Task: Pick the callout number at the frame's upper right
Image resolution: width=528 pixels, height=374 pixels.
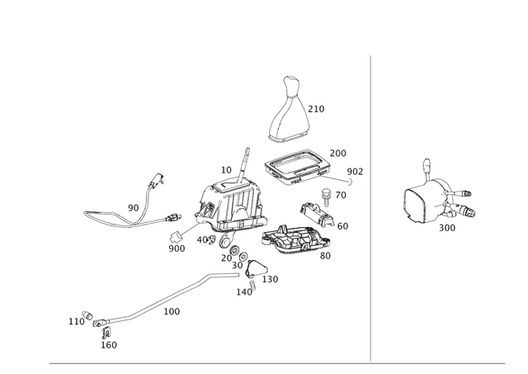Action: (x=337, y=152)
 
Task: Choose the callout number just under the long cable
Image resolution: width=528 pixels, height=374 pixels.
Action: (x=172, y=311)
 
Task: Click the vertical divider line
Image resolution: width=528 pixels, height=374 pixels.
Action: (x=370, y=206)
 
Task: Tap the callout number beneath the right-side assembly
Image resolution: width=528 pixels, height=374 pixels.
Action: (x=446, y=225)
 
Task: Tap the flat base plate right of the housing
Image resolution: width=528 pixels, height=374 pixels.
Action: (x=289, y=239)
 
